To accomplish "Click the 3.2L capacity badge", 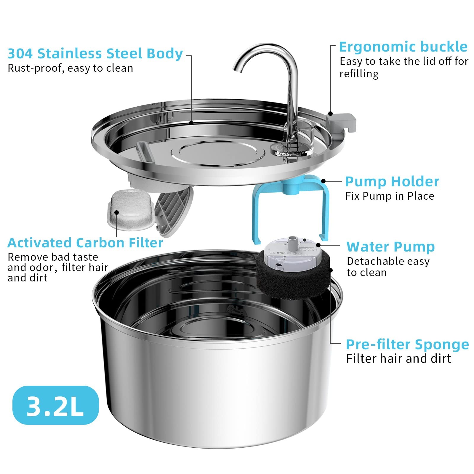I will pos(55,405).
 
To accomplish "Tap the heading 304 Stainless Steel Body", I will pos(95,54).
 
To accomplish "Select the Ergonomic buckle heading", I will pos(403,47).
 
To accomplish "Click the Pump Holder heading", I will pos(392,182).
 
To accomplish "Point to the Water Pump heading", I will pos(390,247).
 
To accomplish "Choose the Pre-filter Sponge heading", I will pos(407,345).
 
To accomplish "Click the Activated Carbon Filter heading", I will pos(85,243).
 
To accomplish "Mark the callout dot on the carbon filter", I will pos(117,212).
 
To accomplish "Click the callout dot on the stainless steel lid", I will pos(191,123).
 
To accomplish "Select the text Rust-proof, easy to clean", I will pos(70,68).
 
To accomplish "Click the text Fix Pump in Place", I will pos(390,196).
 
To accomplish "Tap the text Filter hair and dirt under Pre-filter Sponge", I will pos(398,359).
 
